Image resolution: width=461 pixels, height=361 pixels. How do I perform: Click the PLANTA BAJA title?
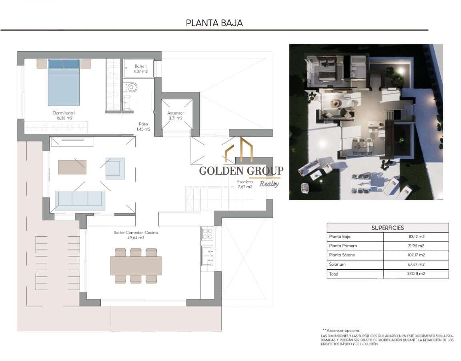[x=214, y=23]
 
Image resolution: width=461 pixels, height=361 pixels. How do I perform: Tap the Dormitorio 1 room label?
[x=64, y=115]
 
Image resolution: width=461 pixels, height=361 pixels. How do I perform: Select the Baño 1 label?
[x=140, y=69]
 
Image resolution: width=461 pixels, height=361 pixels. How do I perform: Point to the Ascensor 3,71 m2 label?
[x=175, y=115]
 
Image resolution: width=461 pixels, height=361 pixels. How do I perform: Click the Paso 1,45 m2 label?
[x=143, y=127]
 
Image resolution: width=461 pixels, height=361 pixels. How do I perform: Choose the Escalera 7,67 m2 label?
[x=245, y=184]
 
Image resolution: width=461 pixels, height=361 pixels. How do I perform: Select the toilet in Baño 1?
[x=130, y=87]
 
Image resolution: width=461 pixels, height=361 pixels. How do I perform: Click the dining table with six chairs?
[x=136, y=266]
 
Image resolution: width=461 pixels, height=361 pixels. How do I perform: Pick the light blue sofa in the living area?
[x=80, y=200]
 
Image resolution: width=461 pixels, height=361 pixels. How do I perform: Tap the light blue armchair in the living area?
[x=115, y=168]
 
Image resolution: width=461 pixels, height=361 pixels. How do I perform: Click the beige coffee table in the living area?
[x=72, y=167]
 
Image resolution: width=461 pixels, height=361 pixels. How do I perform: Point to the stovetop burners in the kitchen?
[x=207, y=233]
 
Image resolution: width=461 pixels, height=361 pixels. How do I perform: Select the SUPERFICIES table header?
[x=387, y=228]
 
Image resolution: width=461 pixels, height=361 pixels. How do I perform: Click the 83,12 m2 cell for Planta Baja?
[x=416, y=236]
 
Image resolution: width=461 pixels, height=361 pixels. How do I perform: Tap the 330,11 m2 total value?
[x=416, y=274]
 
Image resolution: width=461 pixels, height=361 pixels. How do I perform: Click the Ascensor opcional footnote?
[x=341, y=331]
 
